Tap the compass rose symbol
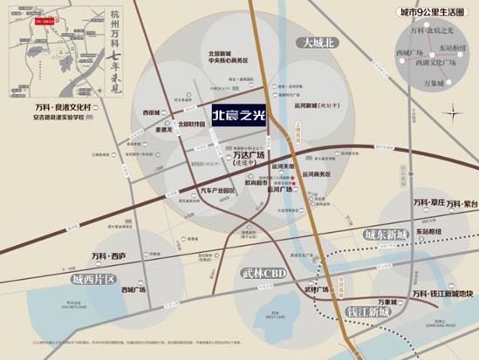tap(459, 113)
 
